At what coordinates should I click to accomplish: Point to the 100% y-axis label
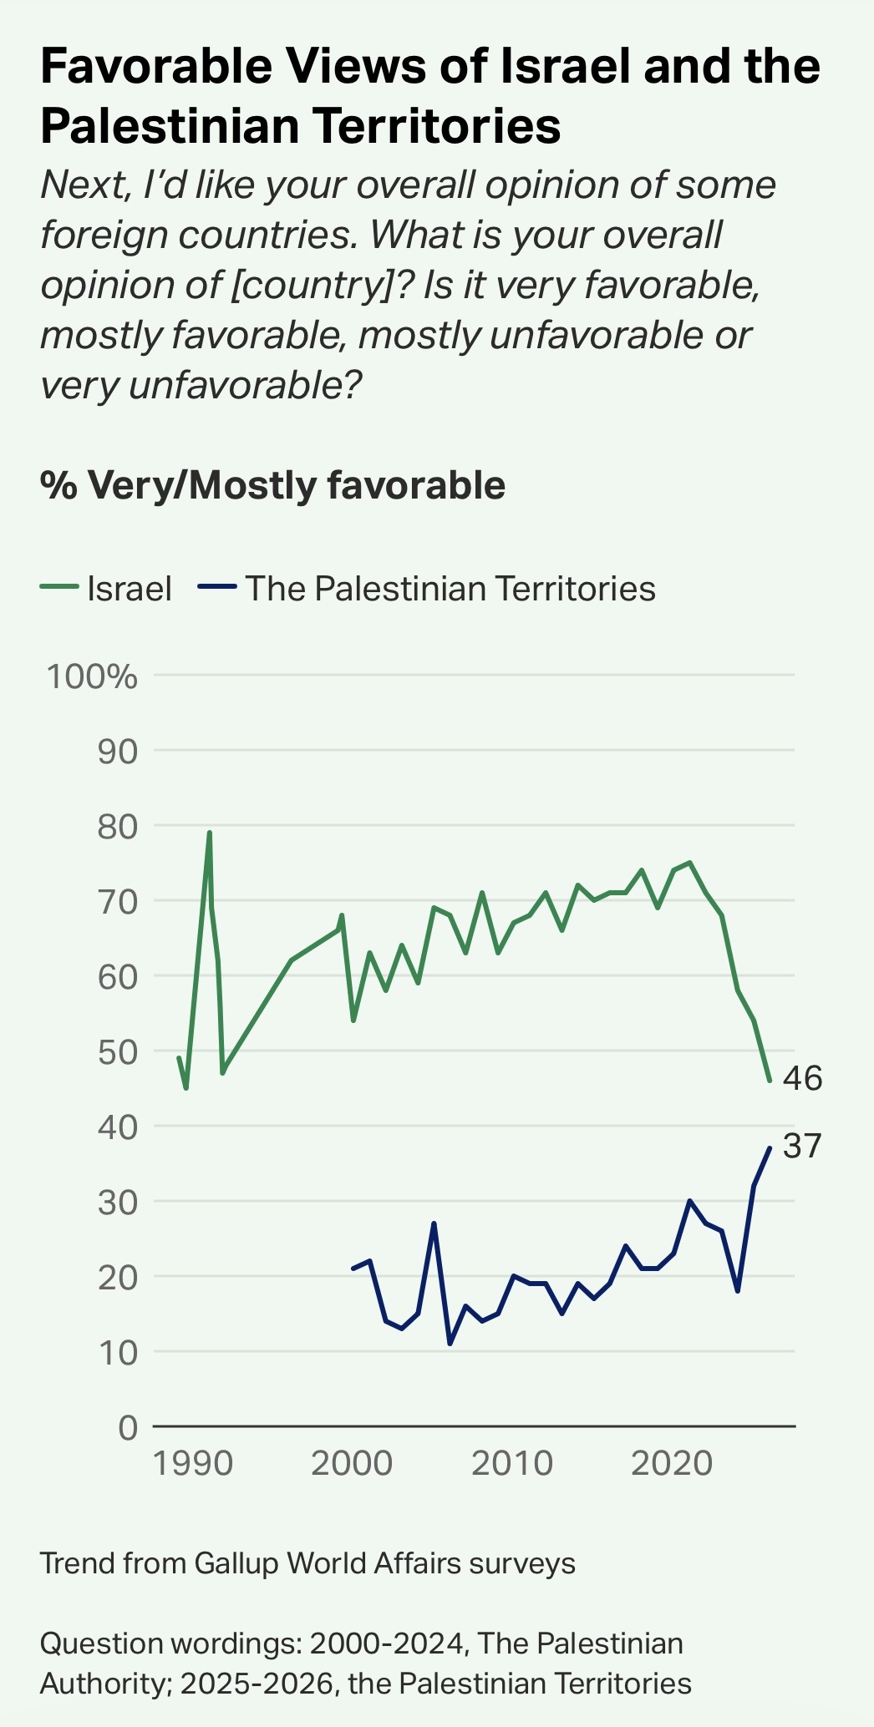[x=92, y=676]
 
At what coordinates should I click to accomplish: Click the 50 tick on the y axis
[x=117, y=1051]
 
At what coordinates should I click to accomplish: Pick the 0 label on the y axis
[x=127, y=1427]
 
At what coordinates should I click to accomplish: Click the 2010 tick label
[x=512, y=1464]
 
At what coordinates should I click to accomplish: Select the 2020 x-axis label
[x=673, y=1464]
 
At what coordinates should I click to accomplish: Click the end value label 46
[x=802, y=1078]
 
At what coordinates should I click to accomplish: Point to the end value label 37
[x=802, y=1147]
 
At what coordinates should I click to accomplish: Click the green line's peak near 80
[x=209, y=833]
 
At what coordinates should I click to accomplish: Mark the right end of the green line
[x=769, y=1081]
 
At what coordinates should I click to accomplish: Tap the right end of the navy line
[x=769, y=1148]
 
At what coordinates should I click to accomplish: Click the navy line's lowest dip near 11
[x=450, y=1344]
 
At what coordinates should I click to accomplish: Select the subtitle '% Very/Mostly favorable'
[x=272, y=485]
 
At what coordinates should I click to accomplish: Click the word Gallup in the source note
[x=235, y=1562]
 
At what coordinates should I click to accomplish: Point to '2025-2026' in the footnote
[x=257, y=1683]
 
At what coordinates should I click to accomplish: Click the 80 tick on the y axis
[x=117, y=826]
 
